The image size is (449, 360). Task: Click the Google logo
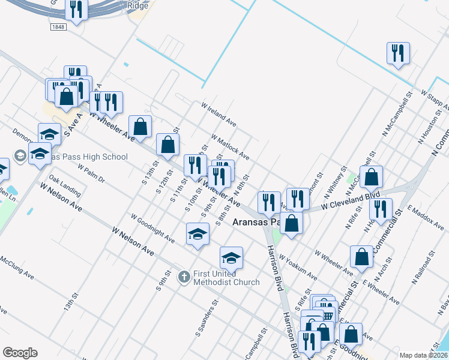[20, 353]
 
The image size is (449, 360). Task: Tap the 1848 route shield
[58, 27]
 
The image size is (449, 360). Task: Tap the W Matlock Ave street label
[230, 146]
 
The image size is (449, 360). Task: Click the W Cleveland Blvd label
[351, 200]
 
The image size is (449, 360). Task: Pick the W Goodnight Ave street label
[152, 229]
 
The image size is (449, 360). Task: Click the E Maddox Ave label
[425, 217]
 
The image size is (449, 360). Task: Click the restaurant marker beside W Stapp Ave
[398, 54]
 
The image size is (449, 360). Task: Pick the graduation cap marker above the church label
[231, 258]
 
